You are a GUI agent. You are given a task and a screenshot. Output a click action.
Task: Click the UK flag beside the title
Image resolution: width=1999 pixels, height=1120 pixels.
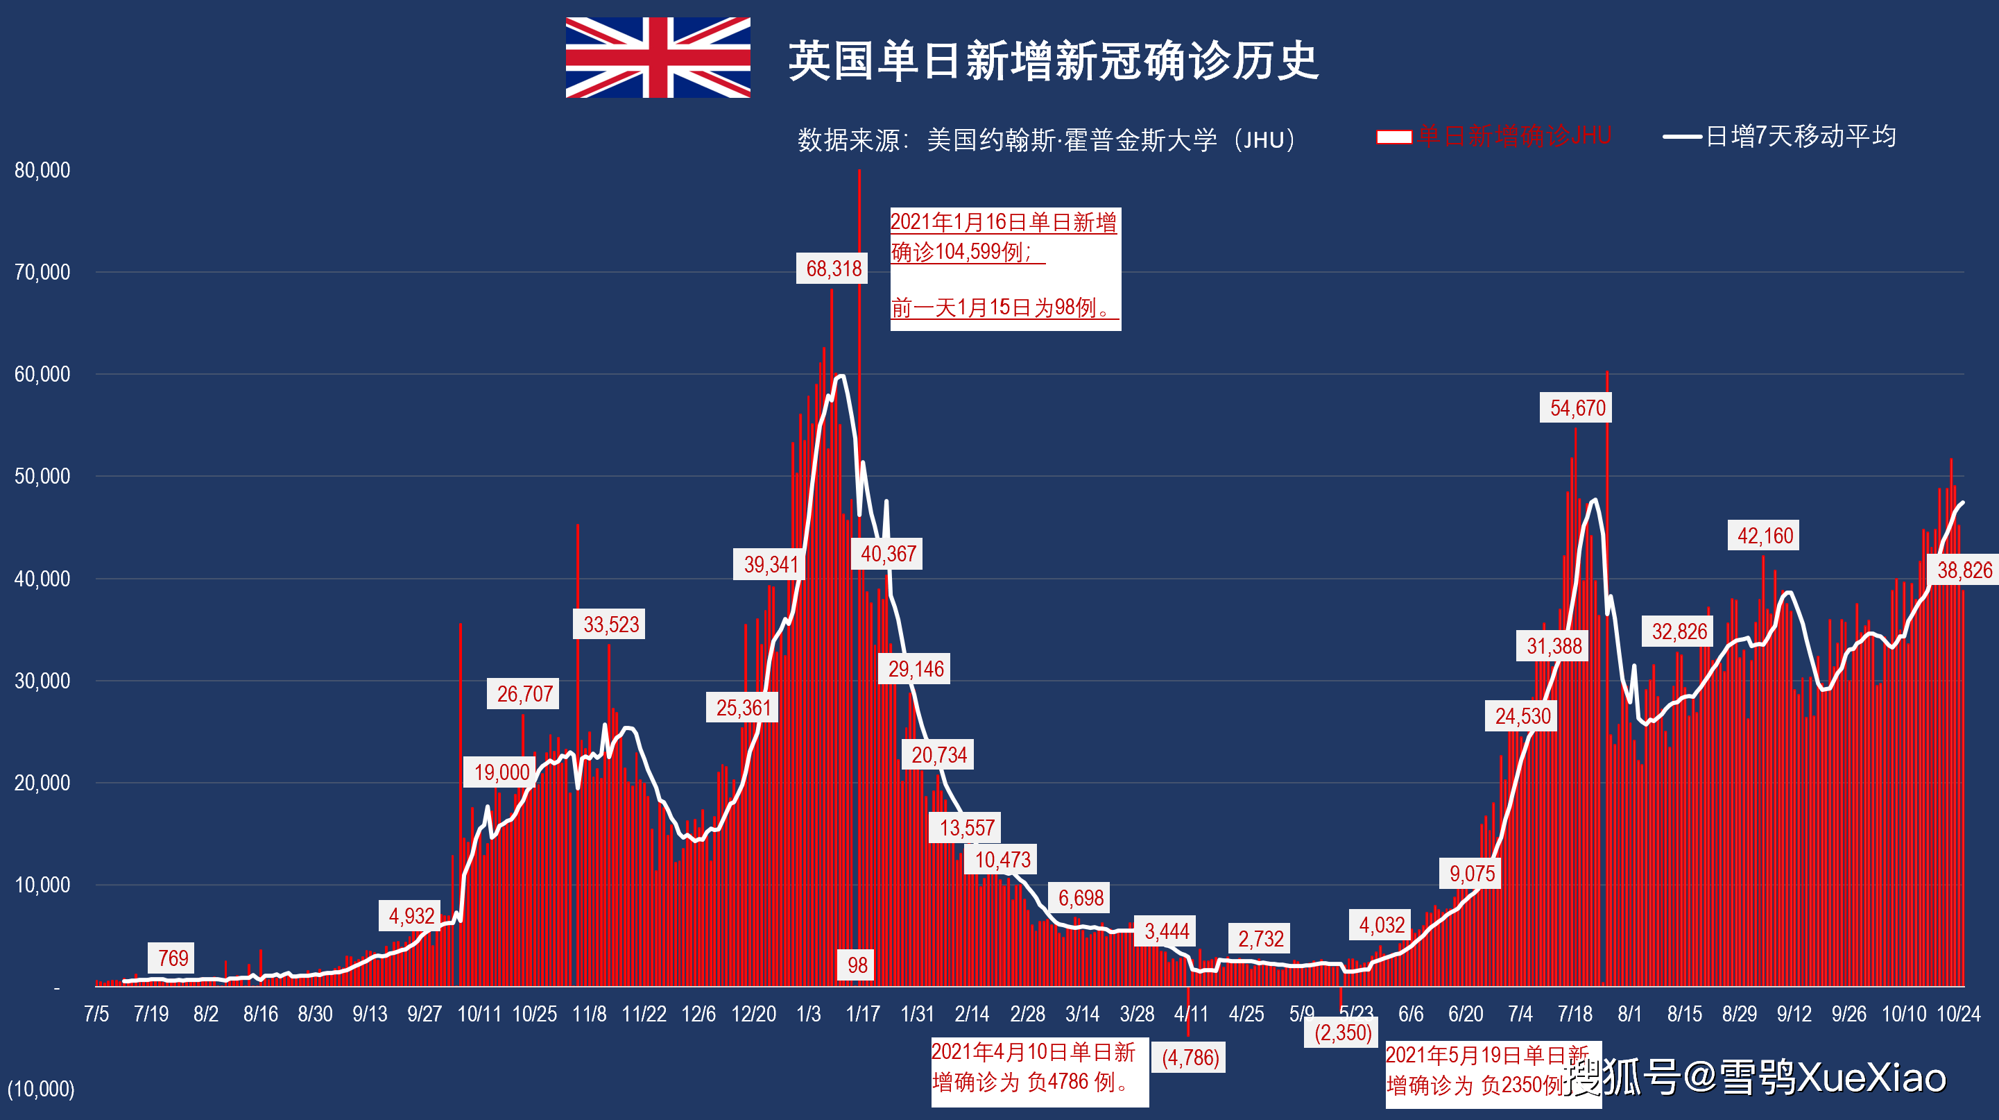(x=658, y=58)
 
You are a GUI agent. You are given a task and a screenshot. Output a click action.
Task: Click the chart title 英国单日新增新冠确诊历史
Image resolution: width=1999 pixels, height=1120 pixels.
(x=1053, y=60)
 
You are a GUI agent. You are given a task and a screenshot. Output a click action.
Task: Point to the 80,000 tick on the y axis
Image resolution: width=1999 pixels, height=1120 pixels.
(x=42, y=170)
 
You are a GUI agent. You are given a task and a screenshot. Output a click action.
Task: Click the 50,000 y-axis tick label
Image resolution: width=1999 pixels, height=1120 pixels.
(x=42, y=476)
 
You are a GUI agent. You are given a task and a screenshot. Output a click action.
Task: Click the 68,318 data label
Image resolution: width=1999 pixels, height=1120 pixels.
(x=832, y=269)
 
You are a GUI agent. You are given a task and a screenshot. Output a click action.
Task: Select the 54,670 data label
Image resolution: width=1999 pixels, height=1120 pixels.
(x=1576, y=407)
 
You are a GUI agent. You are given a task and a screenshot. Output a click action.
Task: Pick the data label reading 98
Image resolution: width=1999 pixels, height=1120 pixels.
(x=857, y=965)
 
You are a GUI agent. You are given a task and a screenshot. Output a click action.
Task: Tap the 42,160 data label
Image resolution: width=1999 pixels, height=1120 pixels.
(x=1764, y=536)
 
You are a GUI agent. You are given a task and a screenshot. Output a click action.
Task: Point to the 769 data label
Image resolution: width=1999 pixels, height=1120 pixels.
(x=172, y=958)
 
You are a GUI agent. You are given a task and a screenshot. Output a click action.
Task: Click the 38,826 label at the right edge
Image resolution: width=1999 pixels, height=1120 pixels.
(x=1964, y=570)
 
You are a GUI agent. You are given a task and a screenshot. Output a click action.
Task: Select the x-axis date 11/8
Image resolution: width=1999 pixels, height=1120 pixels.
(x=589, y=1014)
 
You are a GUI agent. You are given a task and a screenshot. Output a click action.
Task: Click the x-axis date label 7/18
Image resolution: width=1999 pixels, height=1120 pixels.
(x=1575, y=1014)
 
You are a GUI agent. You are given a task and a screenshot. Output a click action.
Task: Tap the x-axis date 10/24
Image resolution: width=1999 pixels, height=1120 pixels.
(x=1958, y=1014)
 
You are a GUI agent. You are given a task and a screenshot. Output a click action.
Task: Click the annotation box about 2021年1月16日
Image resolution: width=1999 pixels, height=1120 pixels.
(x=1005, y=268)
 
